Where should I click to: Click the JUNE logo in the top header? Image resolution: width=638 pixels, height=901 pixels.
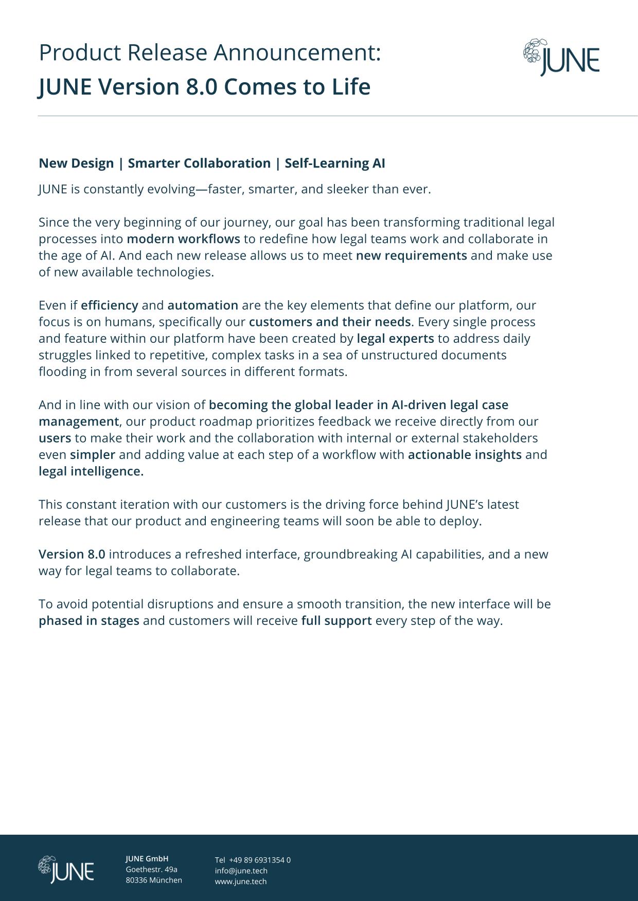click(x=561, y=58)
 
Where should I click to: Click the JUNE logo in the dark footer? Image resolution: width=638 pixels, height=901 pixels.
click(x=66, y=870)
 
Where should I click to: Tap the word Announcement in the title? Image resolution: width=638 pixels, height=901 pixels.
click(x=297, y=53)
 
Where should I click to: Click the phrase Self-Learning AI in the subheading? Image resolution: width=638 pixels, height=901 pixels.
click(x=334, y=163)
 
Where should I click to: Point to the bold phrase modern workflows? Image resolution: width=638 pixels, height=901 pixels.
click(x=183, y=239)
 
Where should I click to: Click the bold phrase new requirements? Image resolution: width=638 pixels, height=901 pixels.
click(x=411, y=255)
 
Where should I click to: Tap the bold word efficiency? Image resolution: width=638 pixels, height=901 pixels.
click(x=109, y=305)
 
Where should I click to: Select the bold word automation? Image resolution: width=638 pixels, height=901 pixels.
click(x=203, y=305)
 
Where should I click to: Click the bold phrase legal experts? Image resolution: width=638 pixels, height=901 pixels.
click(x=395, y=338)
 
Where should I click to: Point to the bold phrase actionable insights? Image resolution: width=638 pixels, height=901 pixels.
click(x=465, y=454)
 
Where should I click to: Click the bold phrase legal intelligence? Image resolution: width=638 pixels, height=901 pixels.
click(x=91, y=471)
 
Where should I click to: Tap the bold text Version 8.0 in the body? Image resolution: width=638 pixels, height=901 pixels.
click(x=72, y=554)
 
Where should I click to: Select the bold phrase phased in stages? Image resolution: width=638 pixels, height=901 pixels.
click(x=89, y=620)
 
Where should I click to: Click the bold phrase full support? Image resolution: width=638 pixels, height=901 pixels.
click(x=336, y=620)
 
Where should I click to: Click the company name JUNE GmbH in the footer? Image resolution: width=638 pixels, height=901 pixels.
click(x=147, y=858)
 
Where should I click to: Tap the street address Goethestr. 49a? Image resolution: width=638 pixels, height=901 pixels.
click(x=151, y=869)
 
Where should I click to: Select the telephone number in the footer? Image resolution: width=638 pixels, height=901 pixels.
click(x=259, y=860)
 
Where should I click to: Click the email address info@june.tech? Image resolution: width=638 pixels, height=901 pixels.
click(x=241, y=871)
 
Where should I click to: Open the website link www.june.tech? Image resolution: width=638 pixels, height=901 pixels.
click(x=241, y=881)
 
